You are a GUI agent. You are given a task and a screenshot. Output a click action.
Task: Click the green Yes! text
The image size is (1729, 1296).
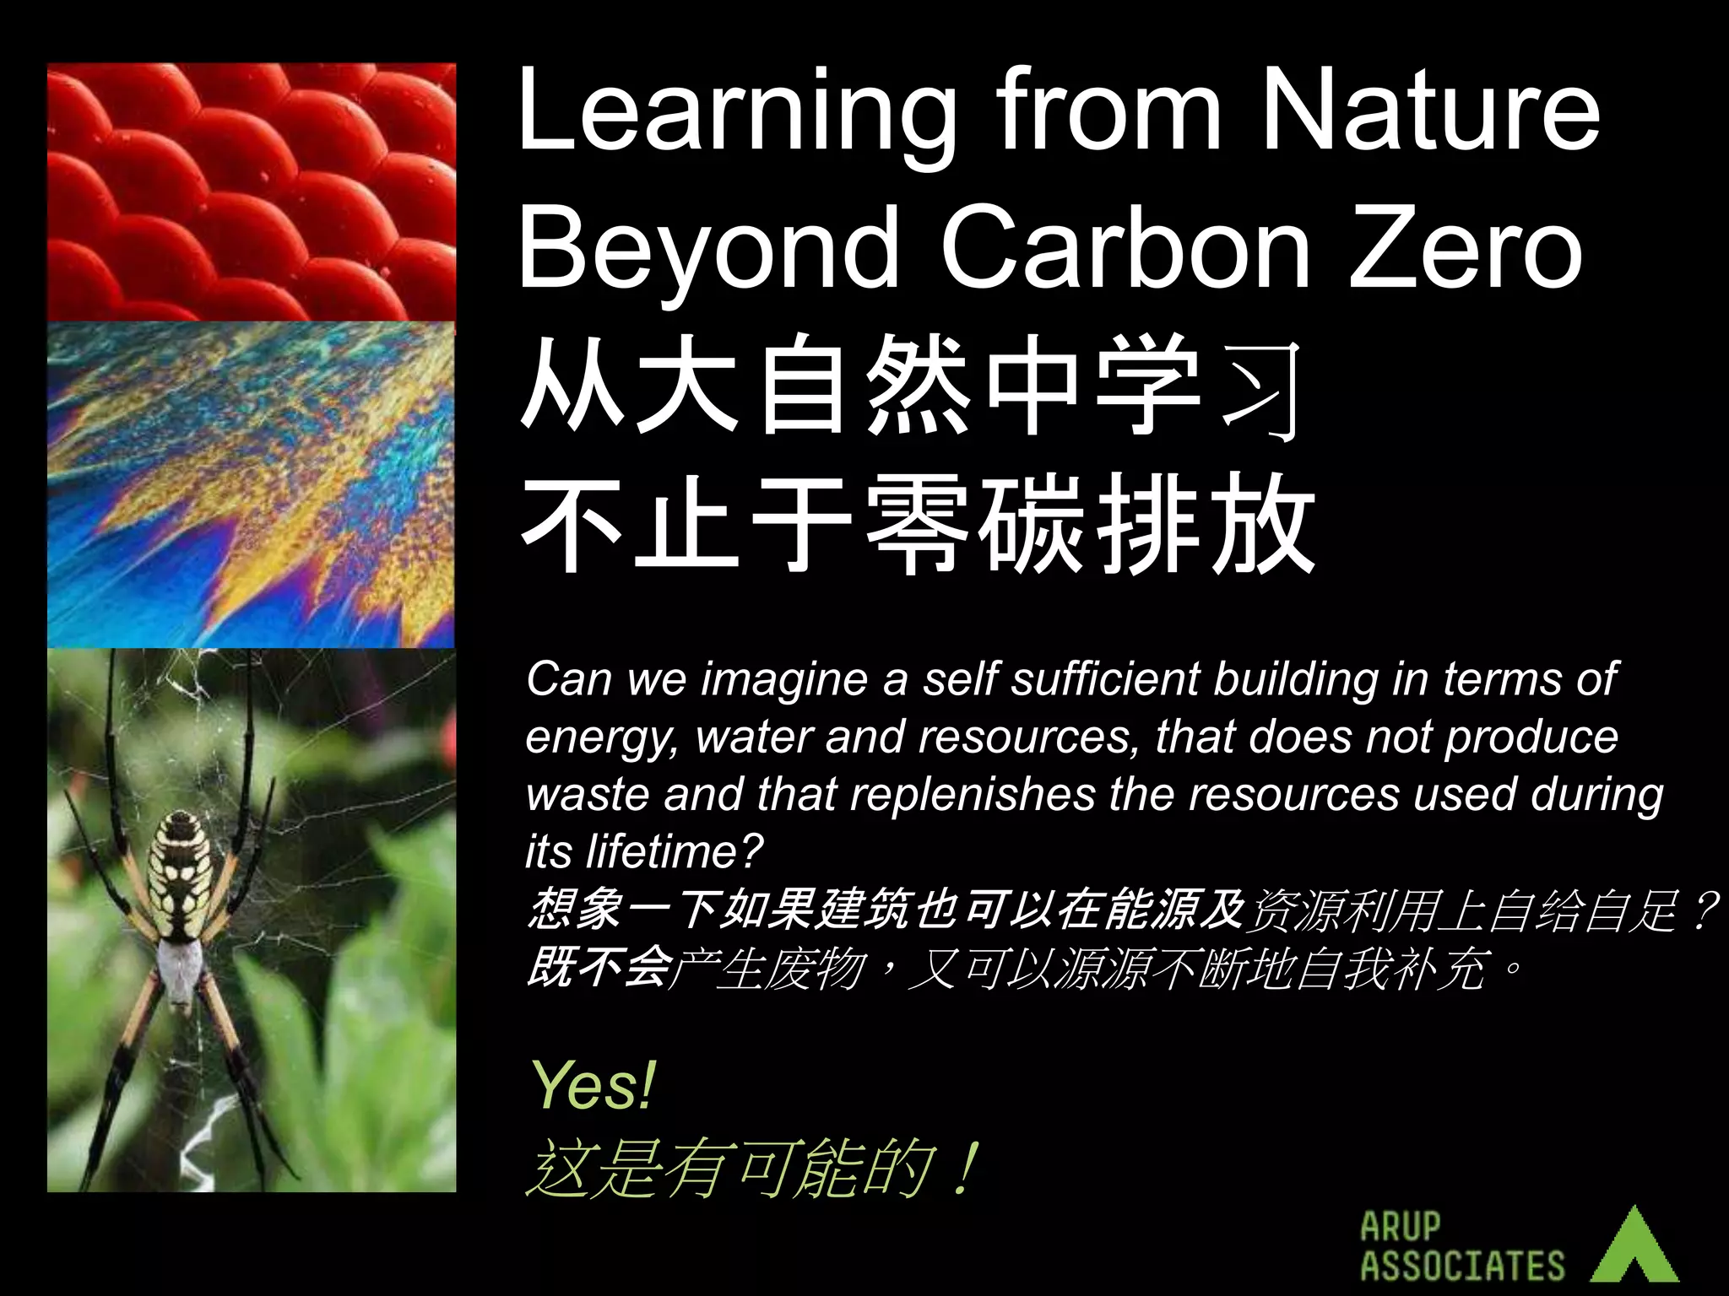coord(593,1086)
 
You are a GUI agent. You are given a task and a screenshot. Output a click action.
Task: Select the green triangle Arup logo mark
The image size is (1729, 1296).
coord(1635,1248)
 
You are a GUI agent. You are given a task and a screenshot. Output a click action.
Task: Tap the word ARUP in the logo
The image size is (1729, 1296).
coord(1401,1226)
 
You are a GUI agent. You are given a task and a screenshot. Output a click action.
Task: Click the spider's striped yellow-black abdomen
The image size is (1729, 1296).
coord(179,877)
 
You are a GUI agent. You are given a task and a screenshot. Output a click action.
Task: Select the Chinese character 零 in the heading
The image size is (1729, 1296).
coord(918,523)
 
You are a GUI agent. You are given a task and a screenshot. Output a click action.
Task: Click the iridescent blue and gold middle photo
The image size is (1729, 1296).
coord(251,485)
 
